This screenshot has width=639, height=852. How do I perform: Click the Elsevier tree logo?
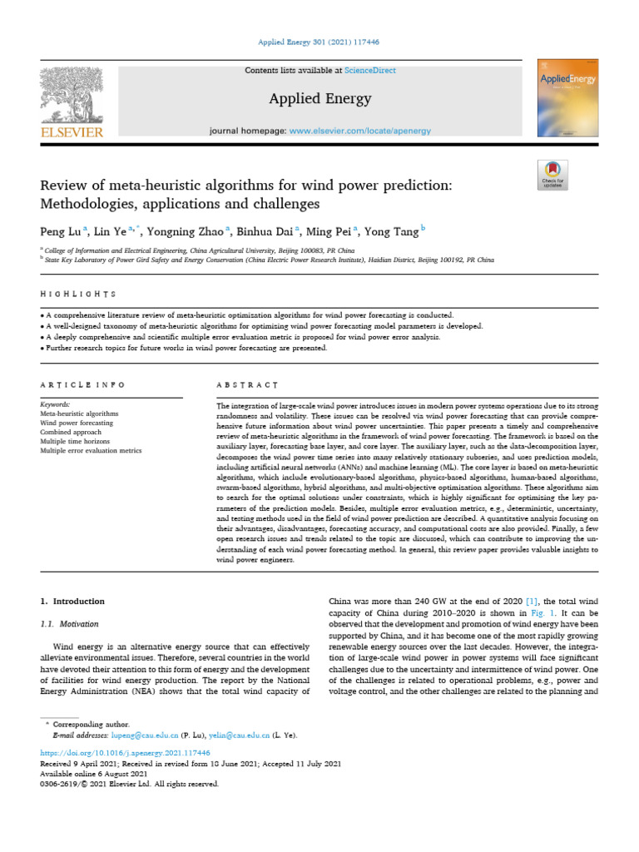71,95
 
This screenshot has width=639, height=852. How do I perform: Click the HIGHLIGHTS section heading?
78,294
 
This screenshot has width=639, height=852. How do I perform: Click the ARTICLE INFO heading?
83,385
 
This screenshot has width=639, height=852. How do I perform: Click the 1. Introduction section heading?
73,600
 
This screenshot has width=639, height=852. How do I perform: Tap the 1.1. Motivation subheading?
70,623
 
